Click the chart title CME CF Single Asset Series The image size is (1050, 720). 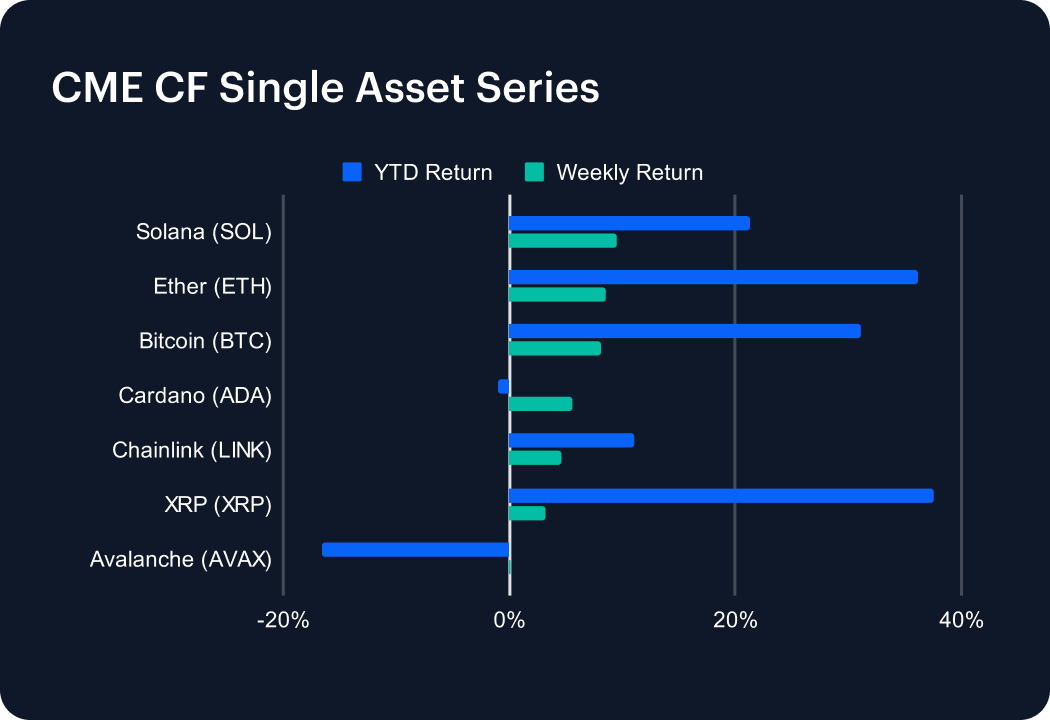[x=325, y=88]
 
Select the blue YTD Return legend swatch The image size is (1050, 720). [x=351, y=172]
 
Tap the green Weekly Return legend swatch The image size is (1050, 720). [x=534, y=172]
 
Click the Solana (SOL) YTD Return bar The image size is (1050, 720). [x=629, y=223]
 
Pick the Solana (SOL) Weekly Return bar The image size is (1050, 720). [x=563, y=241]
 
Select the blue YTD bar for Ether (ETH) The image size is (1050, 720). [x=713, y=277]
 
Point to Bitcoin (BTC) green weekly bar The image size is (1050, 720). [x=555, y=349]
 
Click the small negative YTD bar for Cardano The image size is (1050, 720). [x=504, y=386]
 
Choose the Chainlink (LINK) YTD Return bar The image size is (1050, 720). [x=571, y=440]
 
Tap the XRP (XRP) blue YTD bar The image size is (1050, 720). [x=721, y=496]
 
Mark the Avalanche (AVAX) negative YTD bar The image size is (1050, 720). [x=416, y=549]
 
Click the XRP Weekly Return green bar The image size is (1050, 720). [x=527, y=513]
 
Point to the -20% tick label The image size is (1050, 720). [x=282, y=621]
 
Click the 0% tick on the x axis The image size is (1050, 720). [x=509, y=621]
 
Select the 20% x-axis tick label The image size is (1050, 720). [x=735, y=621]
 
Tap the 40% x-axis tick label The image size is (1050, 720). [x=961, y=621]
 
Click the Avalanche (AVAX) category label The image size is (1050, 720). [x=181, y=559]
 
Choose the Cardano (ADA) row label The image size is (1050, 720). [x=195, y=396]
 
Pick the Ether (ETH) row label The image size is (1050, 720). [x=213, y=287]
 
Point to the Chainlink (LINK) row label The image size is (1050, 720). [x=192, y=450]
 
